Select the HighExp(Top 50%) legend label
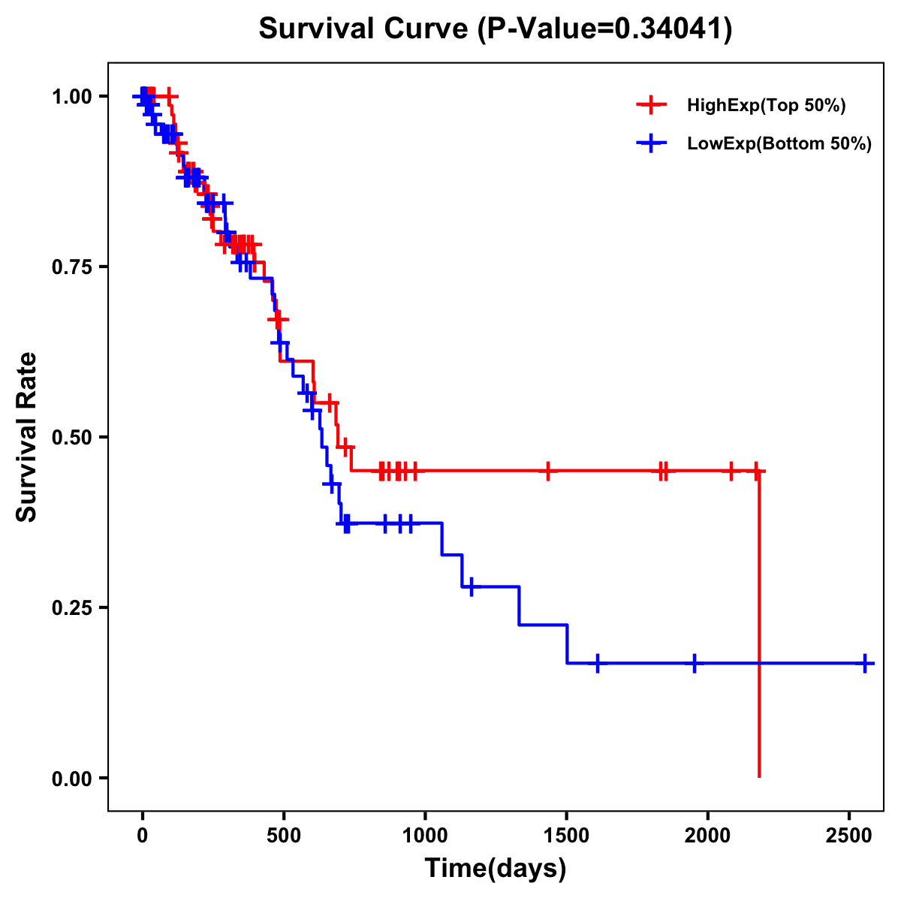pos(766,106)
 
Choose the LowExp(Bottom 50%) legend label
pos(779,144)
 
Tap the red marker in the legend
pos(651,105)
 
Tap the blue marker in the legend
pos(651,143)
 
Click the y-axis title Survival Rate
pos(27,436)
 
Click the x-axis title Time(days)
pos(496,869)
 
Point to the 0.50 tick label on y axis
pos(71,437)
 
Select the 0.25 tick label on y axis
pos(71,607)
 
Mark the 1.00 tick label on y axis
pos(71,96)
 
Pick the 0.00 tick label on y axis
pos(71,778)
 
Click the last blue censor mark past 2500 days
pos(865,664)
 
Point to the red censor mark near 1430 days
pos(548,471)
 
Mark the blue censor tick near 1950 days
pos(695,664)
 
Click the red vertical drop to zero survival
pos(759,623)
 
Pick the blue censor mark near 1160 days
pos(471,586)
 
